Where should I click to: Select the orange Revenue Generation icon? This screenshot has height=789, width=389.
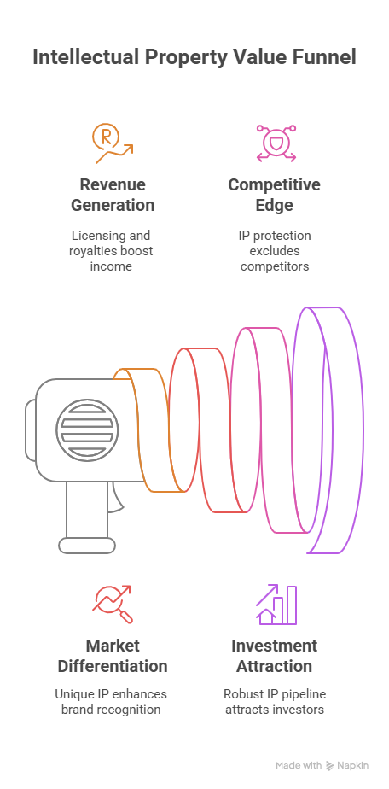tap(113, 144)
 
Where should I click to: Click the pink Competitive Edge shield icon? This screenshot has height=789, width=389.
tap(276, 143)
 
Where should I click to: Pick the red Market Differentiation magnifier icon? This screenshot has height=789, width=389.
tap(113, 605)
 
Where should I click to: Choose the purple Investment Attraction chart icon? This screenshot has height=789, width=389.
tap(276, 605)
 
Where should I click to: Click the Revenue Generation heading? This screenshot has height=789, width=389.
tap(113, 195)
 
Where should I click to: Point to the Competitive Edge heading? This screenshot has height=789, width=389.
tap(275, 195)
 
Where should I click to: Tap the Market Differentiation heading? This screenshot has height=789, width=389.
tap(113, 656)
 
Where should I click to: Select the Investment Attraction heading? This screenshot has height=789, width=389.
tap(275, 656)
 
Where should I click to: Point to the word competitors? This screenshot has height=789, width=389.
tap(275, 266)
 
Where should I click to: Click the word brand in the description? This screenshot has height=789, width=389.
tap(75, 710)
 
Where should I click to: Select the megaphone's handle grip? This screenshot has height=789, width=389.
tap(87, 517)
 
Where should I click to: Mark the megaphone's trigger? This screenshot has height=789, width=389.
tap(116, 497)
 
